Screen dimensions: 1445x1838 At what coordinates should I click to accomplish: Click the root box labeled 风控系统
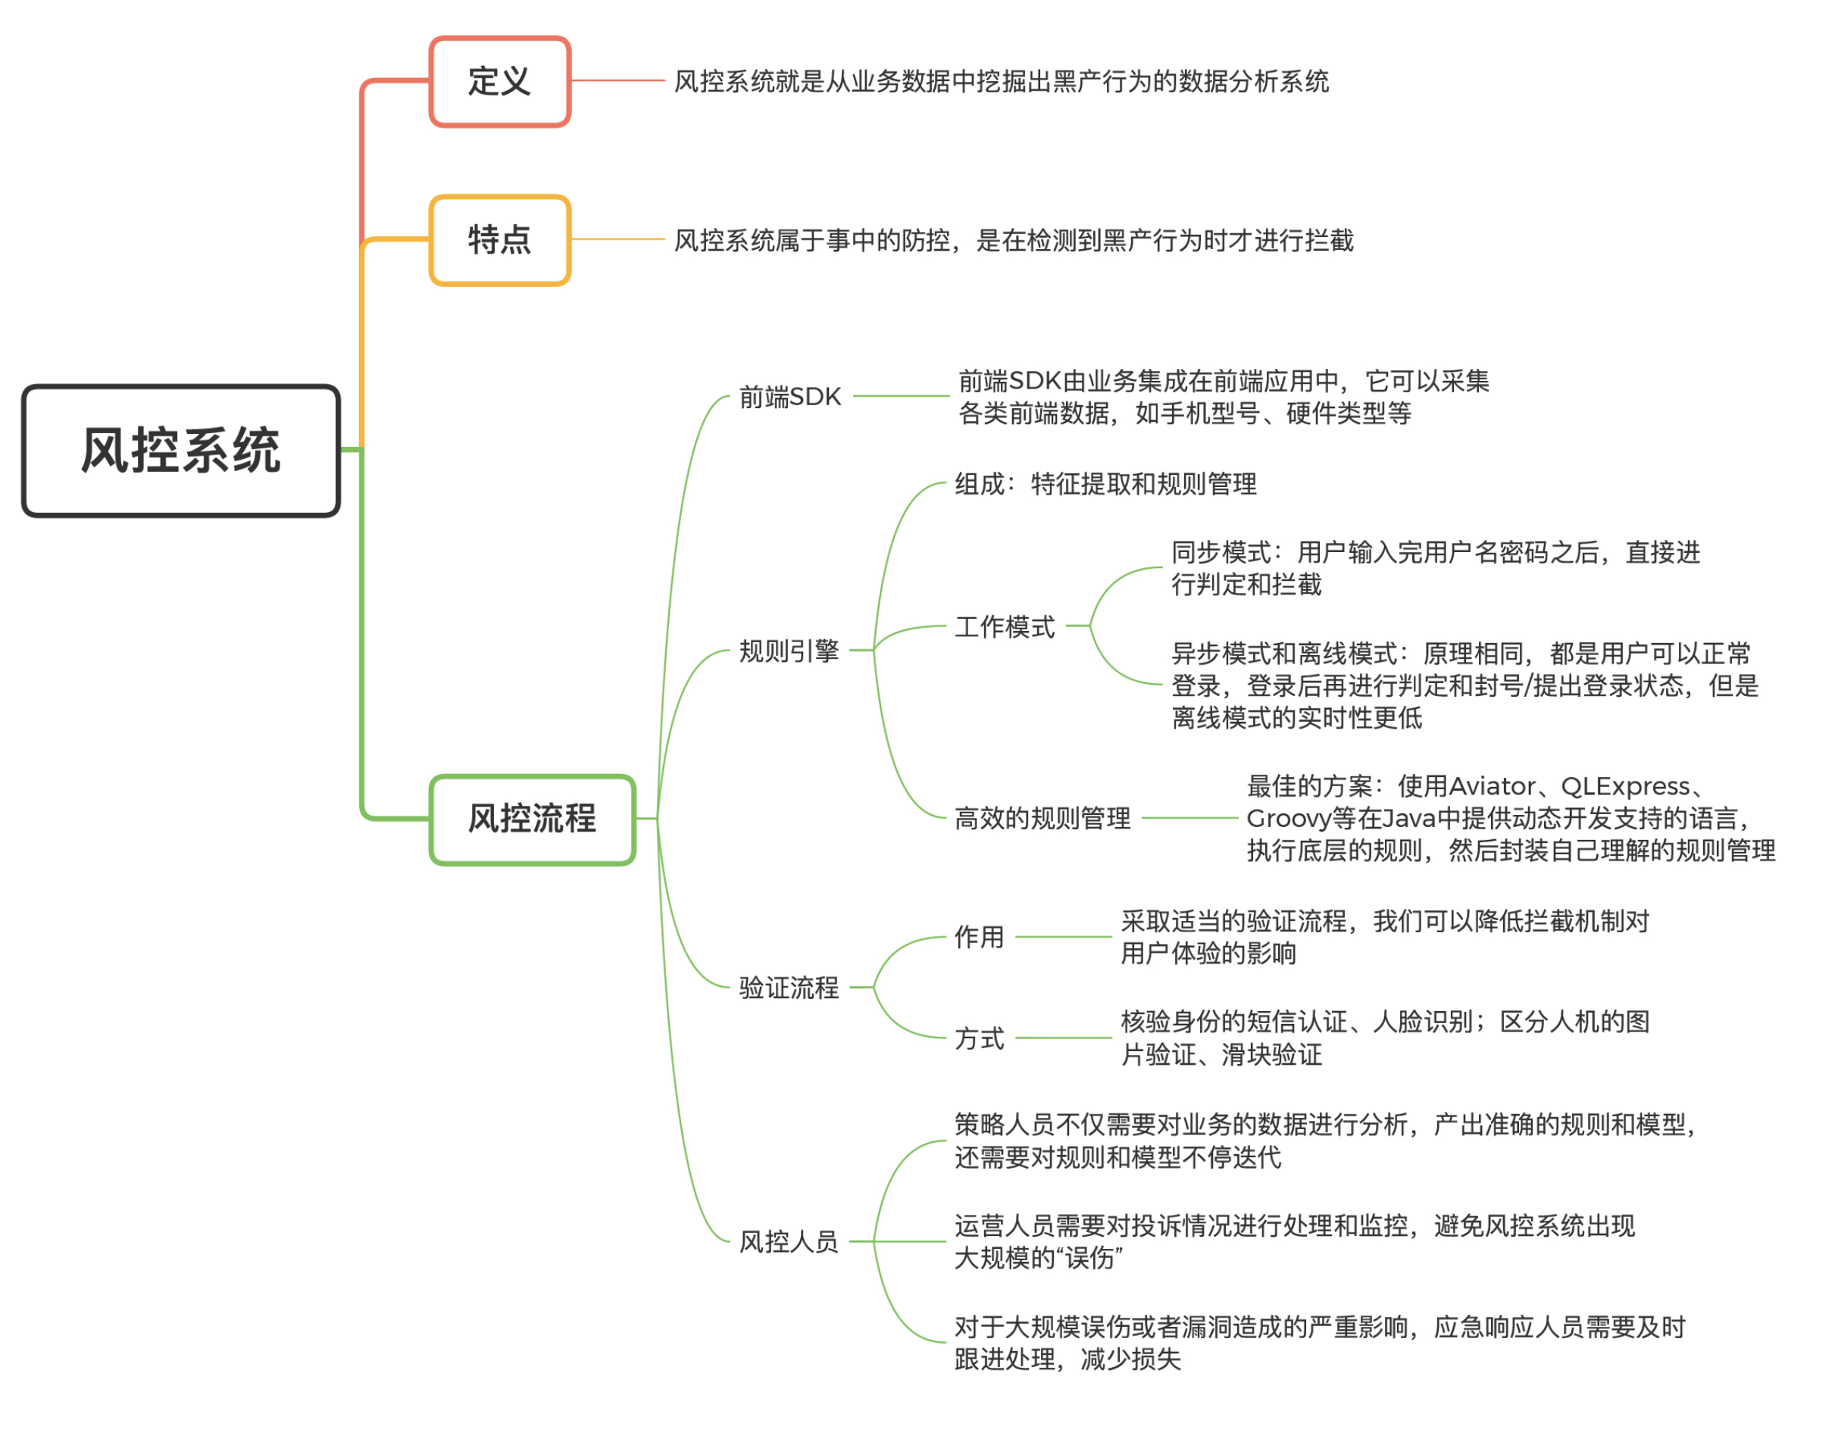click(x=180, y=450)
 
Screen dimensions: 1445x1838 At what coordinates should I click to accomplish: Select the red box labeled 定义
click(x=499, y=82)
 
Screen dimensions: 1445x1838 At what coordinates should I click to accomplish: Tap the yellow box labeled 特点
click(x=499, y=240)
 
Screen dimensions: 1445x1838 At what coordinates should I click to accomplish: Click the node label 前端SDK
click(x=789, y=397)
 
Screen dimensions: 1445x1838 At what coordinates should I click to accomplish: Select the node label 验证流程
click(x=789, y=988)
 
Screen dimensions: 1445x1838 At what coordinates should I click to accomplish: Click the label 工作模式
click(x=1005, y=627)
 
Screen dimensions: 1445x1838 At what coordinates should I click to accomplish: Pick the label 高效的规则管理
click(x=1042, y=818)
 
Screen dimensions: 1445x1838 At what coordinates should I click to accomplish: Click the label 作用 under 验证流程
click(x=979, y=937)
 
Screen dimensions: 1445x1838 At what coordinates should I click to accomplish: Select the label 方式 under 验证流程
click(x=979, y=1038)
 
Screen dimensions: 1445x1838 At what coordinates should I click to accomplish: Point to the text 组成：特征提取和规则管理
click(x=1105, y=484)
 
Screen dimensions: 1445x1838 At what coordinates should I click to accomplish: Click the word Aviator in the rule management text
click(x=1492, y=787)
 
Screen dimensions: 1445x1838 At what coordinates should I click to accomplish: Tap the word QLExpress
click(x=1625, y=787)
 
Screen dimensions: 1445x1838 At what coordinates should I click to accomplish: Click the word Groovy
click(x=1288, y=819)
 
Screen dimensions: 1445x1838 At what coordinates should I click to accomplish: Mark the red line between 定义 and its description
click(x=617, y=81)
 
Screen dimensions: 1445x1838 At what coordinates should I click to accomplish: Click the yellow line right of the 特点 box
click(x=617, y=239)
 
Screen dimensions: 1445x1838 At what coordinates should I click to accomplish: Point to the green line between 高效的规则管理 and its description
click(x=1189, y=818)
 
